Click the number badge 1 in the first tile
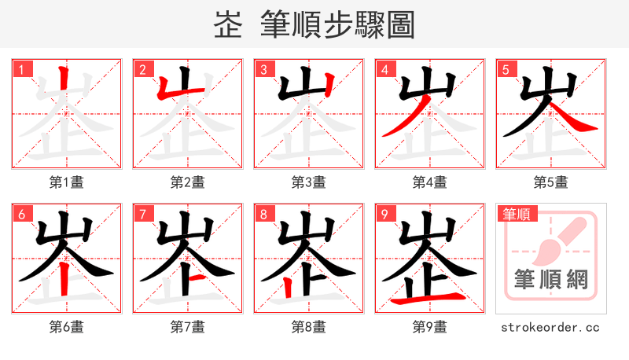(21, 69)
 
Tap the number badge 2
(142, 69)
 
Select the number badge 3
(263, 69)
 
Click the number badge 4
(384, 69)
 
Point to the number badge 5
(506, 69)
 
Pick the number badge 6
(21, 214)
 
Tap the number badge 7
(142, 214)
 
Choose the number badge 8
(263, 214)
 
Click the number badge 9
(384, 214)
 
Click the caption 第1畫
(67, 182)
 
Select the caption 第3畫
(309, 182)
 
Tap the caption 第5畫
(550, 182)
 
